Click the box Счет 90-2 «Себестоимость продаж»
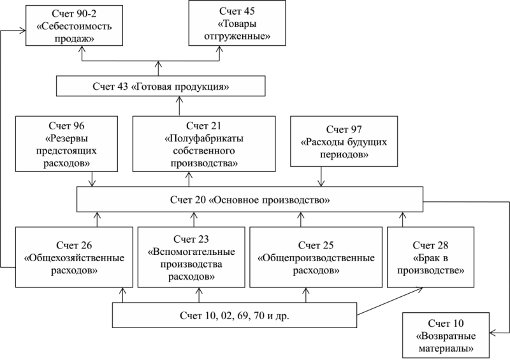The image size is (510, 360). pos(74,25)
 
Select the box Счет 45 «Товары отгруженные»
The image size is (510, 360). pos(237,23)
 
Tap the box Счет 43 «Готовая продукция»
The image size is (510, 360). pos(161,86)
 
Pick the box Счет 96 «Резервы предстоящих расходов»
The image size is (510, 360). pos(66,144)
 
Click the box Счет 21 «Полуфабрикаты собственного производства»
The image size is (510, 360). pos(204,144)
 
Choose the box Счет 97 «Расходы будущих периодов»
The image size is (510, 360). pos(344,141)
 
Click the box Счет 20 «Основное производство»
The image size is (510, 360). pos(250,199)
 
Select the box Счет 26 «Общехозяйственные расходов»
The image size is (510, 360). pos(74,257)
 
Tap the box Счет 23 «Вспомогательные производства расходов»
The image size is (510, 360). pos(191,257)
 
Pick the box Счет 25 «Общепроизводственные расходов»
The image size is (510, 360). pos(316,257)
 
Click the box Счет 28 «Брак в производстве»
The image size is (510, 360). pos(430,257)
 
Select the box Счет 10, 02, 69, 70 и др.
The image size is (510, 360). pos(235,315)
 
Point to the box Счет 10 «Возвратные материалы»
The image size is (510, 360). pos(446,335)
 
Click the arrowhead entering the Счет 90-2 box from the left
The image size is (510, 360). pos(23,31)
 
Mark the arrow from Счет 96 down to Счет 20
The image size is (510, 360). pos(92,179)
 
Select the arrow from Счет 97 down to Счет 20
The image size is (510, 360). pos(321,176)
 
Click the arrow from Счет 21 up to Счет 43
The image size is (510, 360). pos(179,106)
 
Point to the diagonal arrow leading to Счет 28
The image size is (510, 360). pos(390,301)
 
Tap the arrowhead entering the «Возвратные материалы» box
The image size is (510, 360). pos(492,333)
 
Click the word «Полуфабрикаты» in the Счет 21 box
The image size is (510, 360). pos(204,138)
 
